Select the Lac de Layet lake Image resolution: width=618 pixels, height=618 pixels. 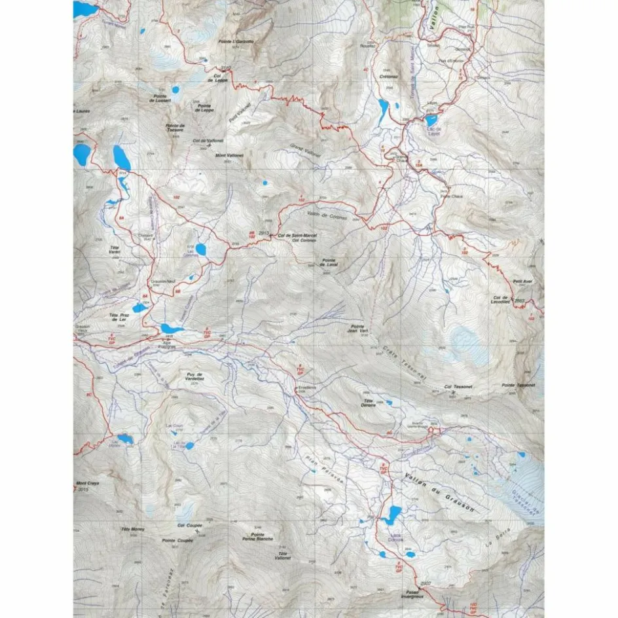(x=431, y=120)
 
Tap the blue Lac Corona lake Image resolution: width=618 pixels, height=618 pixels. (x=202, y=249)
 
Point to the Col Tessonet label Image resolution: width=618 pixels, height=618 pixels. (x=458, y=387)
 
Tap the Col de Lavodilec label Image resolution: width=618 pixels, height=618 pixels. (x=500, y=299)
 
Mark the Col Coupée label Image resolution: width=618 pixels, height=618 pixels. (x=190, y=525)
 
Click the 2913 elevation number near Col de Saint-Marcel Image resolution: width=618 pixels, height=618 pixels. (x=264, y=233)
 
